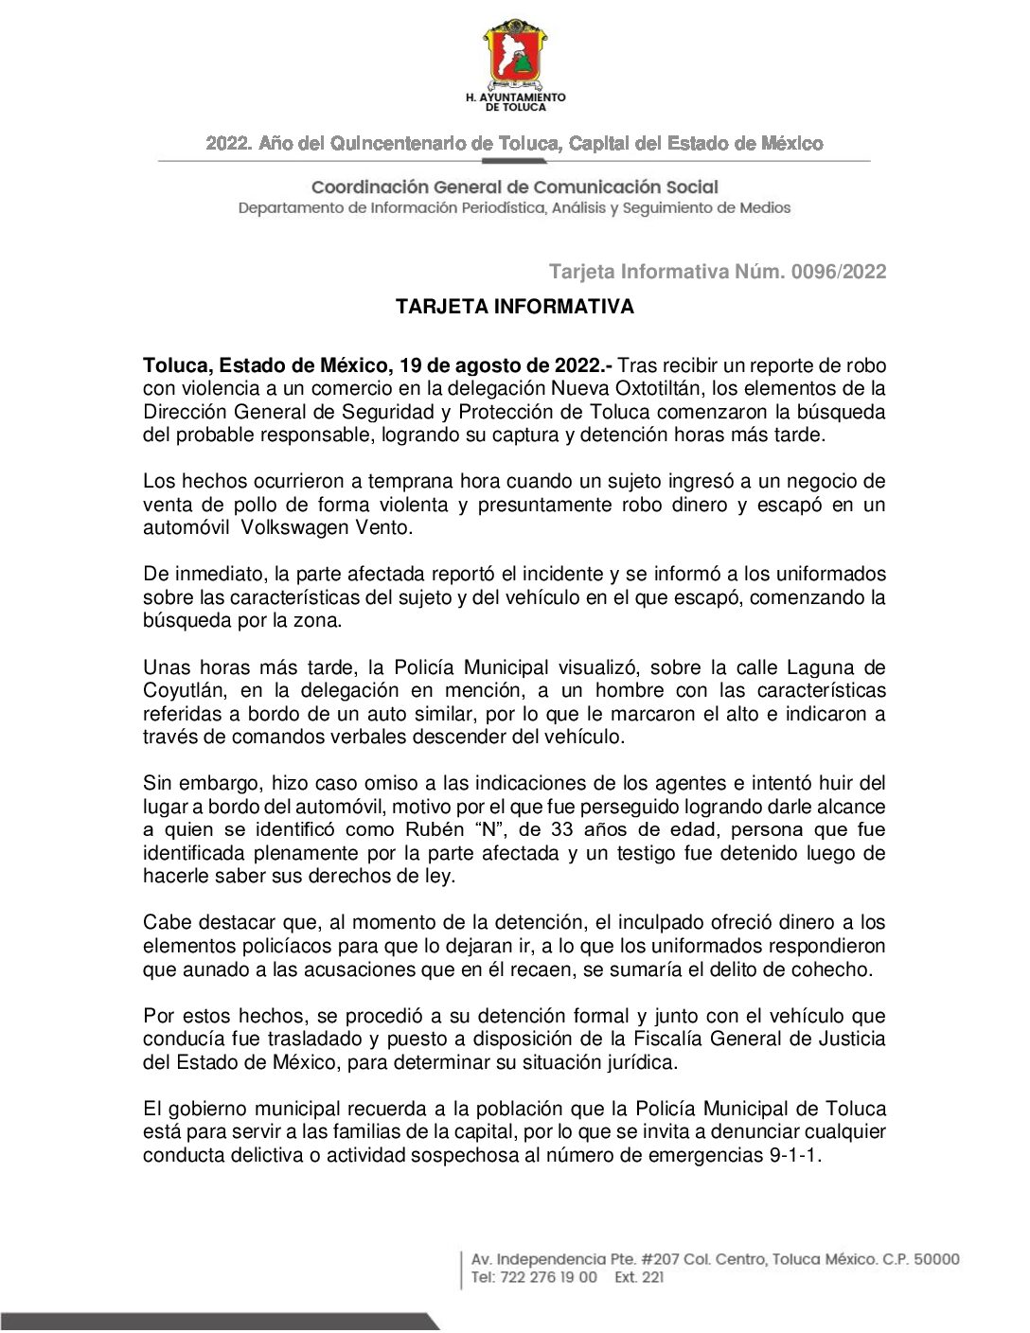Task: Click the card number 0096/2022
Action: point(839,272)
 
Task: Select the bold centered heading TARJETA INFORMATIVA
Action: point(514,307)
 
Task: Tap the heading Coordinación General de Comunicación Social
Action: point(514,187)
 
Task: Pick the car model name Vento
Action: point(383,527)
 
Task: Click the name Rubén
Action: point(435,830)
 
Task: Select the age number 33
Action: point(562,830)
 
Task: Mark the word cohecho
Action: point(830,969)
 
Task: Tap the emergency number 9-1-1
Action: point(793,1155)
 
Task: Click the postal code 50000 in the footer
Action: point(935,1259)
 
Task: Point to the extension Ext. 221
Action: point(639,1277)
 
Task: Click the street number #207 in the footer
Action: point(659,1259)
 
